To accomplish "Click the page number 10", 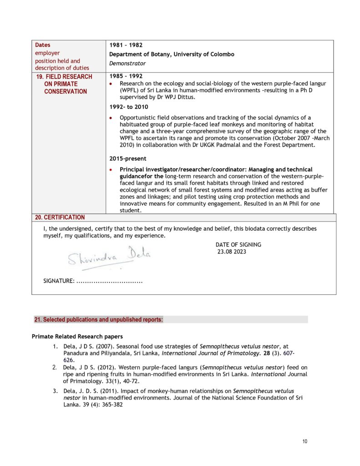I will tap(305, 441).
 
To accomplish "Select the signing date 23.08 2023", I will tap(232, 251).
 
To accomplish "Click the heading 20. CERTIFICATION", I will tap(60, 218).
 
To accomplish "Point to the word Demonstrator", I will tap(127, 63).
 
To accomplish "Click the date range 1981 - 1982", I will tap(126, 45).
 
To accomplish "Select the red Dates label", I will tap(43, 45).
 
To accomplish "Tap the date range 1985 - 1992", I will tap(126, 76).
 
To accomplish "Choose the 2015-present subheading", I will tap(128, 159).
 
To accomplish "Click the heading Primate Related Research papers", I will tap(77, 337).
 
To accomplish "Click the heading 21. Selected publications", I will tap(98, 319).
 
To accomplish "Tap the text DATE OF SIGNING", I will tap(238, 244).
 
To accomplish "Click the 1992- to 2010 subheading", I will tap(129, 107).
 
